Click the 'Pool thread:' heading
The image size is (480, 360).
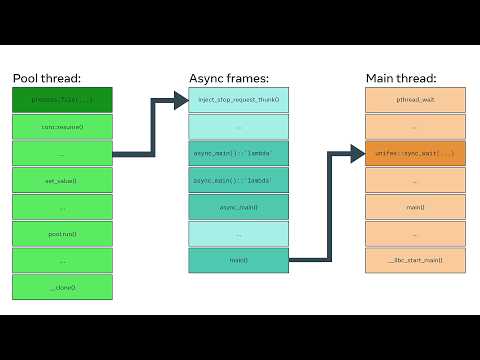click(x=46, y=77)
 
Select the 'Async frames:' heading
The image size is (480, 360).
click(x=229, y=77)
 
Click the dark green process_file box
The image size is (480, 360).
click(x=62, y=100)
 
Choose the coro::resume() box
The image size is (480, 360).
click(x=62, y=127)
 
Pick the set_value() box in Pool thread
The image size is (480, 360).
click(x=62, y=181)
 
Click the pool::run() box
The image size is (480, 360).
click(x=62, y=234)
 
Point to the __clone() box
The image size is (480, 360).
click(x=62, y=287)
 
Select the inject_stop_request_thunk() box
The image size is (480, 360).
click(x=238, y=100)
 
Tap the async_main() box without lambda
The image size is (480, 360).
click(x=238, y=207)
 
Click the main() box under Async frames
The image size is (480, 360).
click(x=238, y=260)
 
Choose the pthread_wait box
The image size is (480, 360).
click(x=415, y=100)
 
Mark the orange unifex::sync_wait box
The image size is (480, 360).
click(x=415, y=154)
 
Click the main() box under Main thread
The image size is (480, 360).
click(x=415, y=207)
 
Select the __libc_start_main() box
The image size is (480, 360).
click(x=415, y=260)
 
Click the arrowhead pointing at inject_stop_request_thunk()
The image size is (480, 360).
click(x=181, y=100)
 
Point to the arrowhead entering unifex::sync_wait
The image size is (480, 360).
click(x=358, y=154)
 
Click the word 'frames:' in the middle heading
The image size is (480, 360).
click(x=247, y=77)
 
